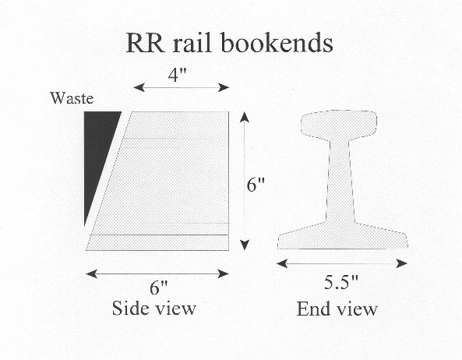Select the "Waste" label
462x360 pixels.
(x=71, y=98)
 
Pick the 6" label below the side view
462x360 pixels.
(x=158, y=288)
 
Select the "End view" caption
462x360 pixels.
(x=337, y=309)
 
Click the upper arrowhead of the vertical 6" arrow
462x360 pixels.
(x=245, y=117)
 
